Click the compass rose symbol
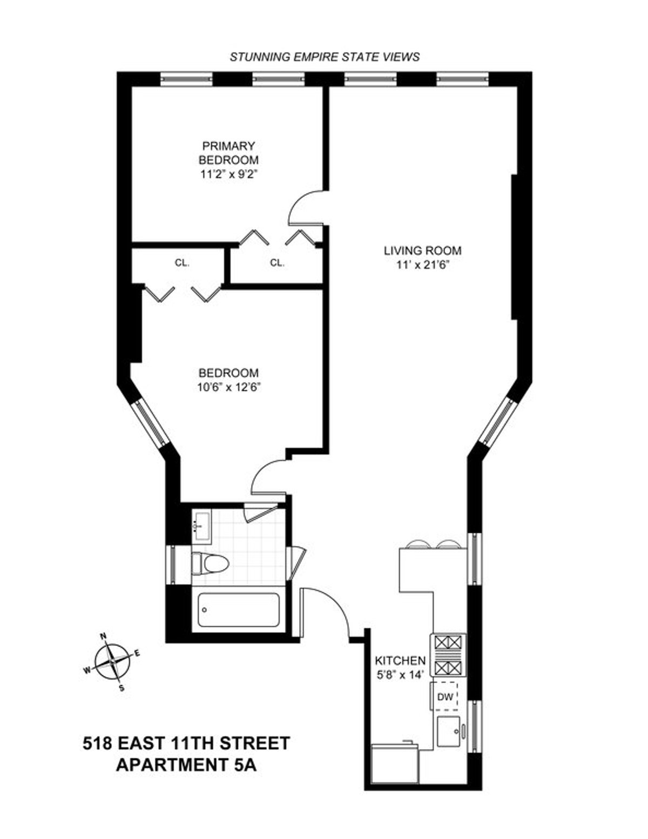(x=112, y=662)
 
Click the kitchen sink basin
(x=450, y=732)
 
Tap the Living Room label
(x=422, y=251)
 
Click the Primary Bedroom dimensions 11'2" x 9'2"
(x=228, y=174)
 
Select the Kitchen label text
(x=400, y=660)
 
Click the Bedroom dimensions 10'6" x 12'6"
(x=228, y=387)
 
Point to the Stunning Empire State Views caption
(x=325, y=57)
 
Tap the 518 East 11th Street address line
(x=186, y=743)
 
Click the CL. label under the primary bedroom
(x=277, y=263)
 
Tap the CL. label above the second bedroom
(x=182, y=263)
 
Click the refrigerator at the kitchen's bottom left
(x=395, y=764)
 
